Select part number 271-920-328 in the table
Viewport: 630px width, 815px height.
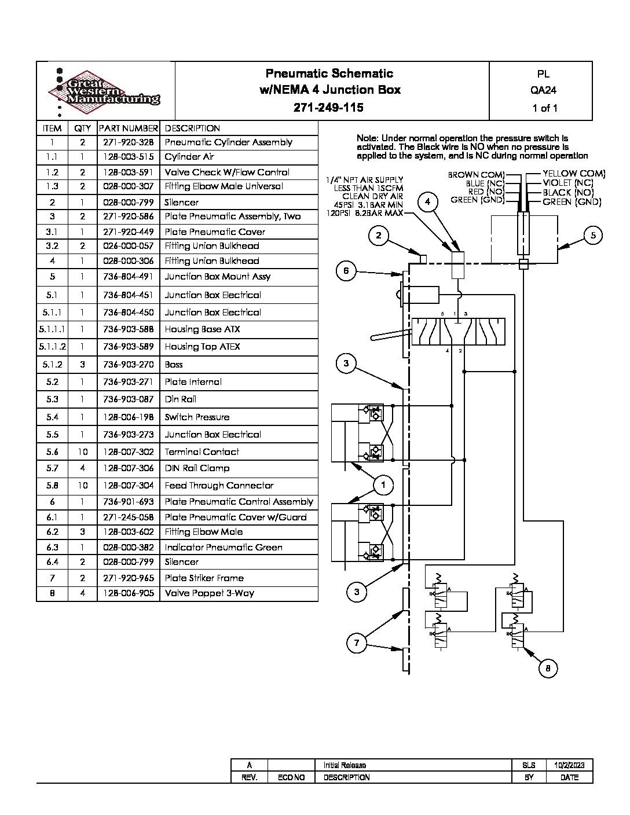[128, 142]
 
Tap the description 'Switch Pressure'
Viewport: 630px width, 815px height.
[197, 417]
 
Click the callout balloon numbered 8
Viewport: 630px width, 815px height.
[548, 669]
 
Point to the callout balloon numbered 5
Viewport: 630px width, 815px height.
[593, 235]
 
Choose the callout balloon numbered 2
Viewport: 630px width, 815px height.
[378, 234]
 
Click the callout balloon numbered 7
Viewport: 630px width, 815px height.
[357, 643]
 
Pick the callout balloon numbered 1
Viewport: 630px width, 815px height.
[383, 484]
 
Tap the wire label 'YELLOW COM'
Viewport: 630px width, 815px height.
[574, 174]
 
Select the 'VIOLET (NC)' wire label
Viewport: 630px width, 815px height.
[568, 183]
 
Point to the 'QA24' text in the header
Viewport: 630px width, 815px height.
[543, 90]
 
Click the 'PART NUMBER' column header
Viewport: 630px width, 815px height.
[128, 129]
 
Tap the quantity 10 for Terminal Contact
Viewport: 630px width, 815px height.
[82, 452]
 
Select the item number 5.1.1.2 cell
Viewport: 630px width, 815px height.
[52, 347]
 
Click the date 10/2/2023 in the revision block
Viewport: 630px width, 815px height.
[569, 765]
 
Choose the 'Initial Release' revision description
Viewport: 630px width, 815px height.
[345, 765]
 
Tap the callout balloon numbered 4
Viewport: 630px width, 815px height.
[428, 201]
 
